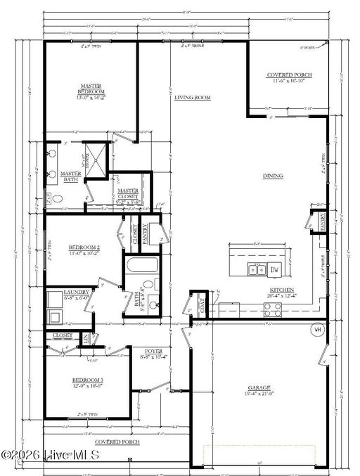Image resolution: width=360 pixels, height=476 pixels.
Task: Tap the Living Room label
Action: tap(193, 98)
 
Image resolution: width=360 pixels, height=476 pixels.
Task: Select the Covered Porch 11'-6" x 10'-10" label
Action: tap(288, 75)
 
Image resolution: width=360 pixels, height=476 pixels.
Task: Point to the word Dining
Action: tap(273, 176)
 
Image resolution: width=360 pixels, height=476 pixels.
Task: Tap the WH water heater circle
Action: tap(317, 329)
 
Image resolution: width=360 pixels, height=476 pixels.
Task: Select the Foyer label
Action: tap(153, 352)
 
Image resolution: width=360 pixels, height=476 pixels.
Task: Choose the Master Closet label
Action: tap(128, 191)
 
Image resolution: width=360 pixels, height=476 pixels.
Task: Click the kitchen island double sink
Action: tap(257, 269)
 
